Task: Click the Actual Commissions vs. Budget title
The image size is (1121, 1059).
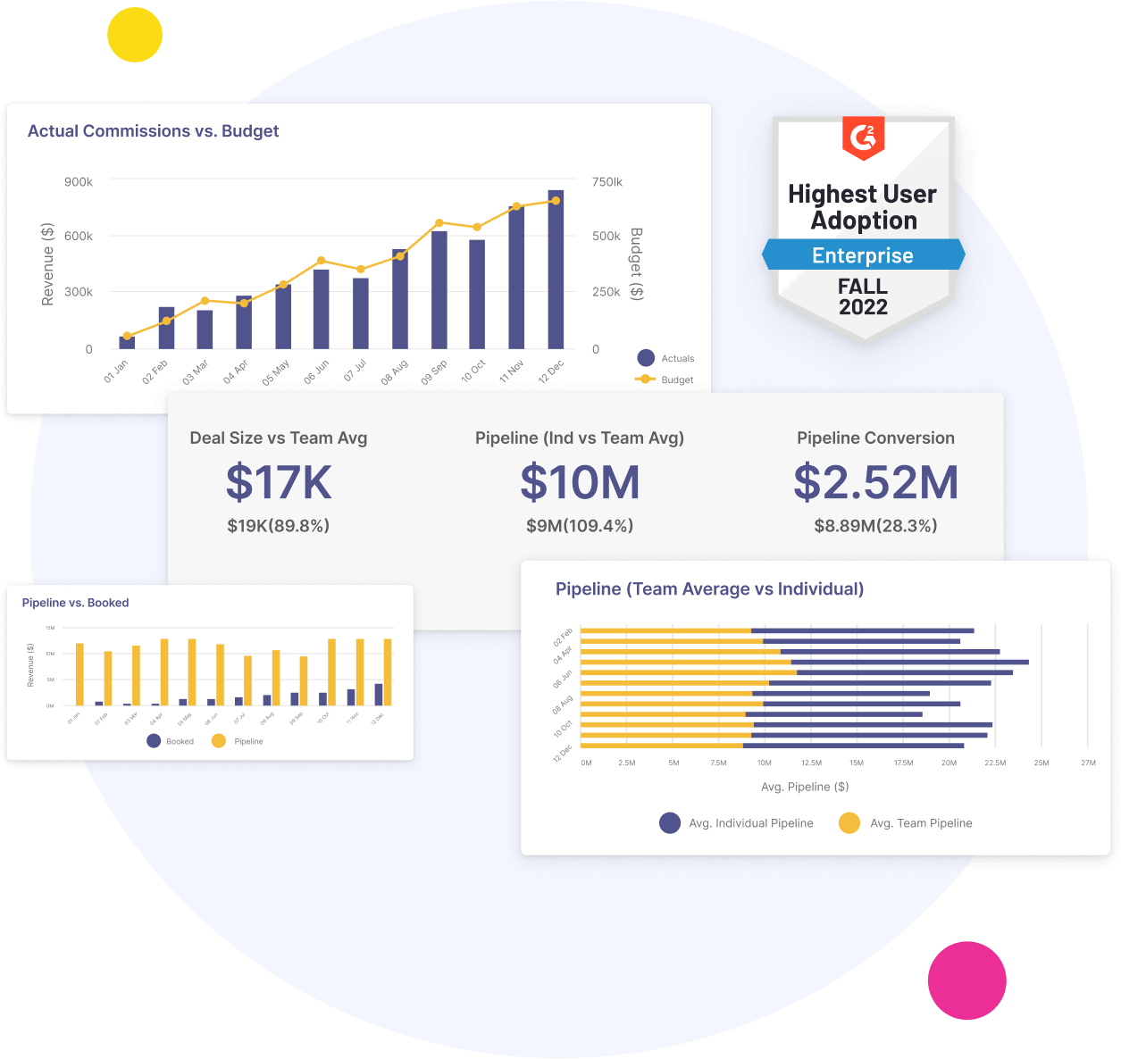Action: click(x=153, y=131)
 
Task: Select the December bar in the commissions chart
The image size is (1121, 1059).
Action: click(x=556, y=270)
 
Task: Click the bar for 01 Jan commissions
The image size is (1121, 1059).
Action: click(x=127, y=342)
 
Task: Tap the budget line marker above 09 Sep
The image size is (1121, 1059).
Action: click(x=439, y=223)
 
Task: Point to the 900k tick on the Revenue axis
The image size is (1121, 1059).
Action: click(x=79, y=182)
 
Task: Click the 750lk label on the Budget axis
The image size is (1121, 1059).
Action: click(x=607, y=182)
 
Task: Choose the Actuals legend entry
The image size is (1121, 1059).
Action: click(x=666, y=358)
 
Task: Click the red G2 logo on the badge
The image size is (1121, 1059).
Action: click(x=863, y=138)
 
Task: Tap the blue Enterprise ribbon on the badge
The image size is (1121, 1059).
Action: click(x=863, y=255)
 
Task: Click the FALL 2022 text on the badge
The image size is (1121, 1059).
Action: click(x=863, y=297)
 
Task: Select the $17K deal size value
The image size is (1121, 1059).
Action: click(x=279, y=482)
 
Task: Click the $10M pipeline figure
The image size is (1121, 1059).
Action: click(x=580, y=482)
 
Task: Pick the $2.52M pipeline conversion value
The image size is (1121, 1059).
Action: click(x=875, y=482)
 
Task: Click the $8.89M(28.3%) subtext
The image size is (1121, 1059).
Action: click(x=875, y=526)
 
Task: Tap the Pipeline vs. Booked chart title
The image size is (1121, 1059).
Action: click(x=75, y=603)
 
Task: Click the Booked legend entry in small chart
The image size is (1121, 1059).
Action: click(x=170, y=741)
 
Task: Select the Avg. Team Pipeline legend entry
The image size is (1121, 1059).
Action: click(x=906, y=823)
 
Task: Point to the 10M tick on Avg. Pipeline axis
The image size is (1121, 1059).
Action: click(x=765, y=763)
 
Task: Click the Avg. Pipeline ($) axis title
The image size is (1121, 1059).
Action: click(x=805, y=787)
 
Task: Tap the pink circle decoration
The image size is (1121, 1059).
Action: click(x=966, y=980)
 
